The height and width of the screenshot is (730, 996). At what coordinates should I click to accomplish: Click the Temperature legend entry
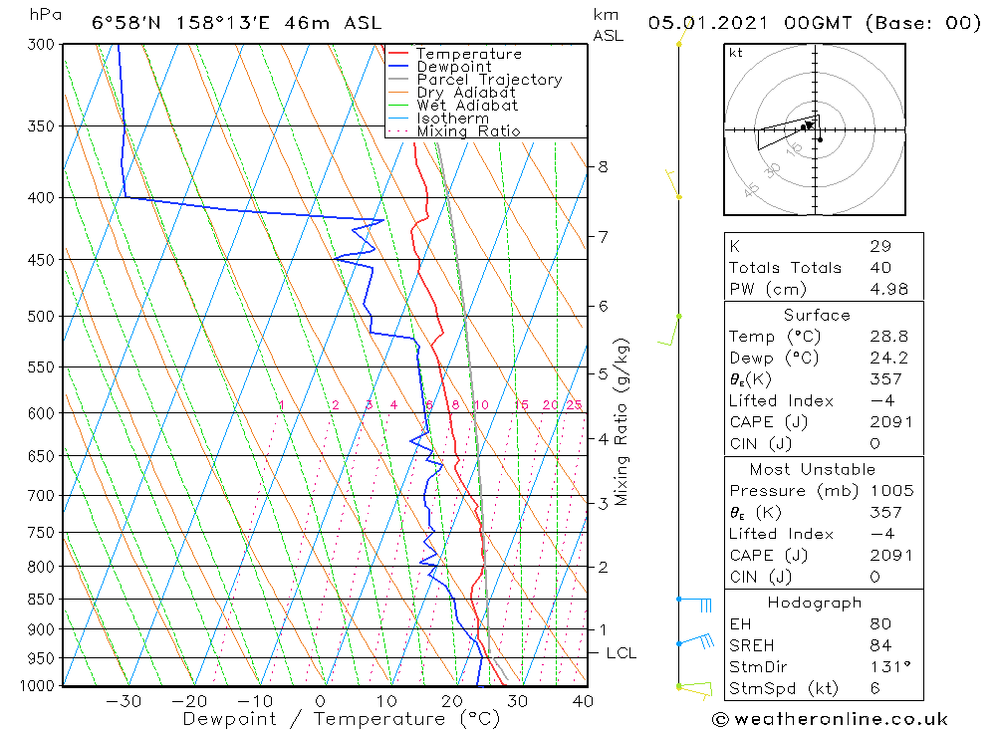(468, 54)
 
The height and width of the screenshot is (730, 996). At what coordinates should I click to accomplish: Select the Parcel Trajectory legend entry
(489, 80)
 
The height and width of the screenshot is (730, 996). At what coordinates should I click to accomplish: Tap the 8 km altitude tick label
(603, 166)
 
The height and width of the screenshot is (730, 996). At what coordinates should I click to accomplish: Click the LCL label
(621, 653)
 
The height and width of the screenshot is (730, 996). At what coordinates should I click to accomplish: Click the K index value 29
(879, 246)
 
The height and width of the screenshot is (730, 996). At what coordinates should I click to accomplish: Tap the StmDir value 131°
(886, 667)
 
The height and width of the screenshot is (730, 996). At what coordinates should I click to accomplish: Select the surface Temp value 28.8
(886, 337)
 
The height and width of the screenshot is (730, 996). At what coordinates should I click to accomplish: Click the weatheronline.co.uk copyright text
(830, 719)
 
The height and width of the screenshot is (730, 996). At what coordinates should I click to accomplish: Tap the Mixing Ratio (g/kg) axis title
(622, 422)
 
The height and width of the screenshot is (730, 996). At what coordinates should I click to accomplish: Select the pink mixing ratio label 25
(574, 404)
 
